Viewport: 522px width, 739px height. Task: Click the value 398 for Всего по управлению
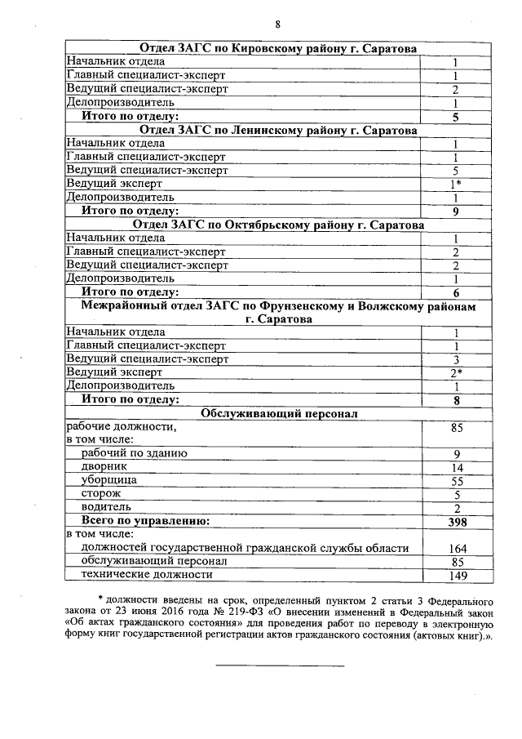coord(457,521)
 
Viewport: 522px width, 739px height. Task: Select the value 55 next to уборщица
coord(457,481)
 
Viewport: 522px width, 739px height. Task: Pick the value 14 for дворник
coord(457,467)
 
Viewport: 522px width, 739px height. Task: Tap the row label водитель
coord(107,508)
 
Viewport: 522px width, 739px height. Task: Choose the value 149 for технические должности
coord(457,576)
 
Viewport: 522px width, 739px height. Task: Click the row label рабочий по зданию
coord(135,453)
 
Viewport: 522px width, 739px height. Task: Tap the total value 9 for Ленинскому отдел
coord(457,211)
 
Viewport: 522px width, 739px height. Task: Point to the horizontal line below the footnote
coord(279,666)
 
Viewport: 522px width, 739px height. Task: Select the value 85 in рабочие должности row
coord(457,426)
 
